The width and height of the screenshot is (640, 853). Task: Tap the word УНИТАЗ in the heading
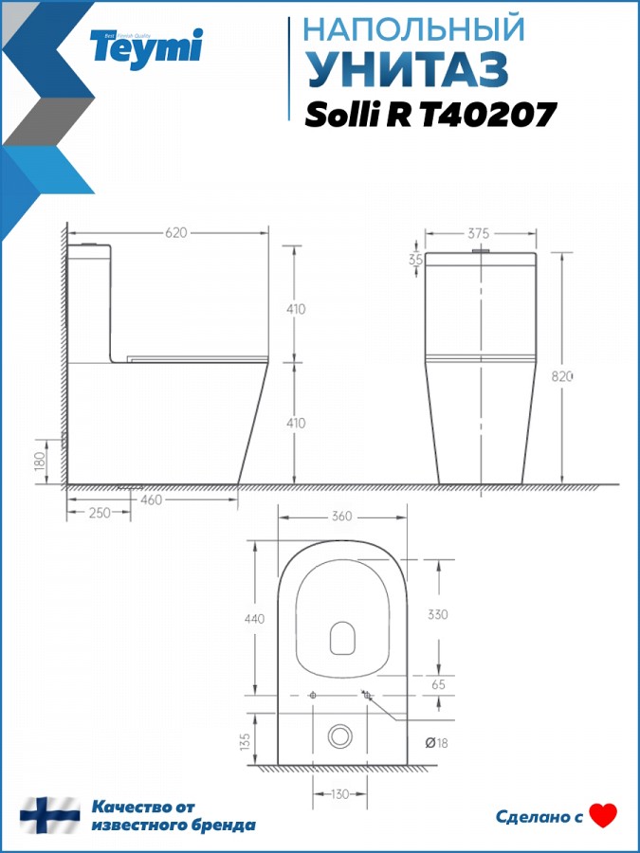point(408,70)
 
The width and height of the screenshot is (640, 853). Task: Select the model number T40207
point(487,115)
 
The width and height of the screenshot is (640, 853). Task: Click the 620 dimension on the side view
point(175,233)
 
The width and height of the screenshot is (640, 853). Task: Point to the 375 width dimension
point(479,233)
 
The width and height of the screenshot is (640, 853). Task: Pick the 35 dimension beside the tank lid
point(416,260)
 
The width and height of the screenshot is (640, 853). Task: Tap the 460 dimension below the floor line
point(151,499)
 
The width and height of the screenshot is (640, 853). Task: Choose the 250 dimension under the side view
point(99,513)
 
